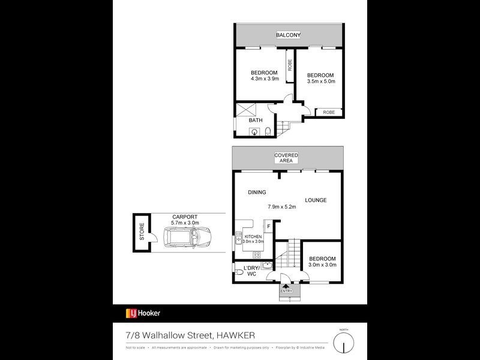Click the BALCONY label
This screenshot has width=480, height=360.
288,35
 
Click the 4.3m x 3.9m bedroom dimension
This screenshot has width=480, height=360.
265,79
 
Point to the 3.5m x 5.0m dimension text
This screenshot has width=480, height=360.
320,81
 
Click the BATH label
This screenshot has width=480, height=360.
256,120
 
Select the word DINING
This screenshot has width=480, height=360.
257,192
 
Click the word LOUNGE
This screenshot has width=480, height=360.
315,200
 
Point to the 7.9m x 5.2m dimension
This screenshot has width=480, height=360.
281,207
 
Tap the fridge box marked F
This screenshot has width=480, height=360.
268,226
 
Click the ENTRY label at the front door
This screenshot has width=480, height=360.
286,291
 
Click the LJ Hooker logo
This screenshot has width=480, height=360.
143,313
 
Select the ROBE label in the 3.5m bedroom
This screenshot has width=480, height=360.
328,112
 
